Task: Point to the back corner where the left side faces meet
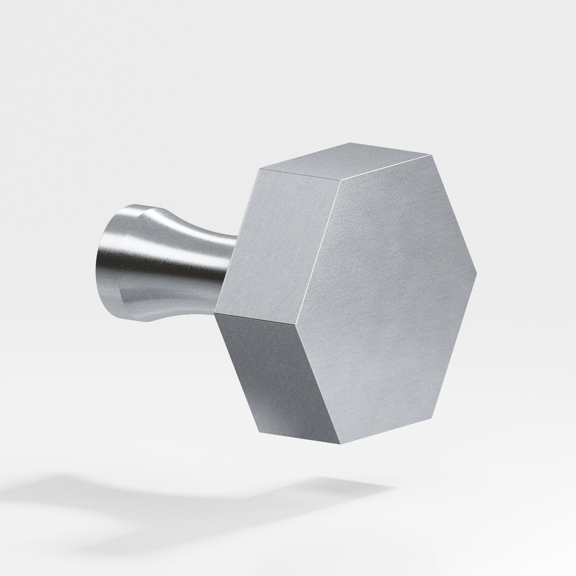215,314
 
